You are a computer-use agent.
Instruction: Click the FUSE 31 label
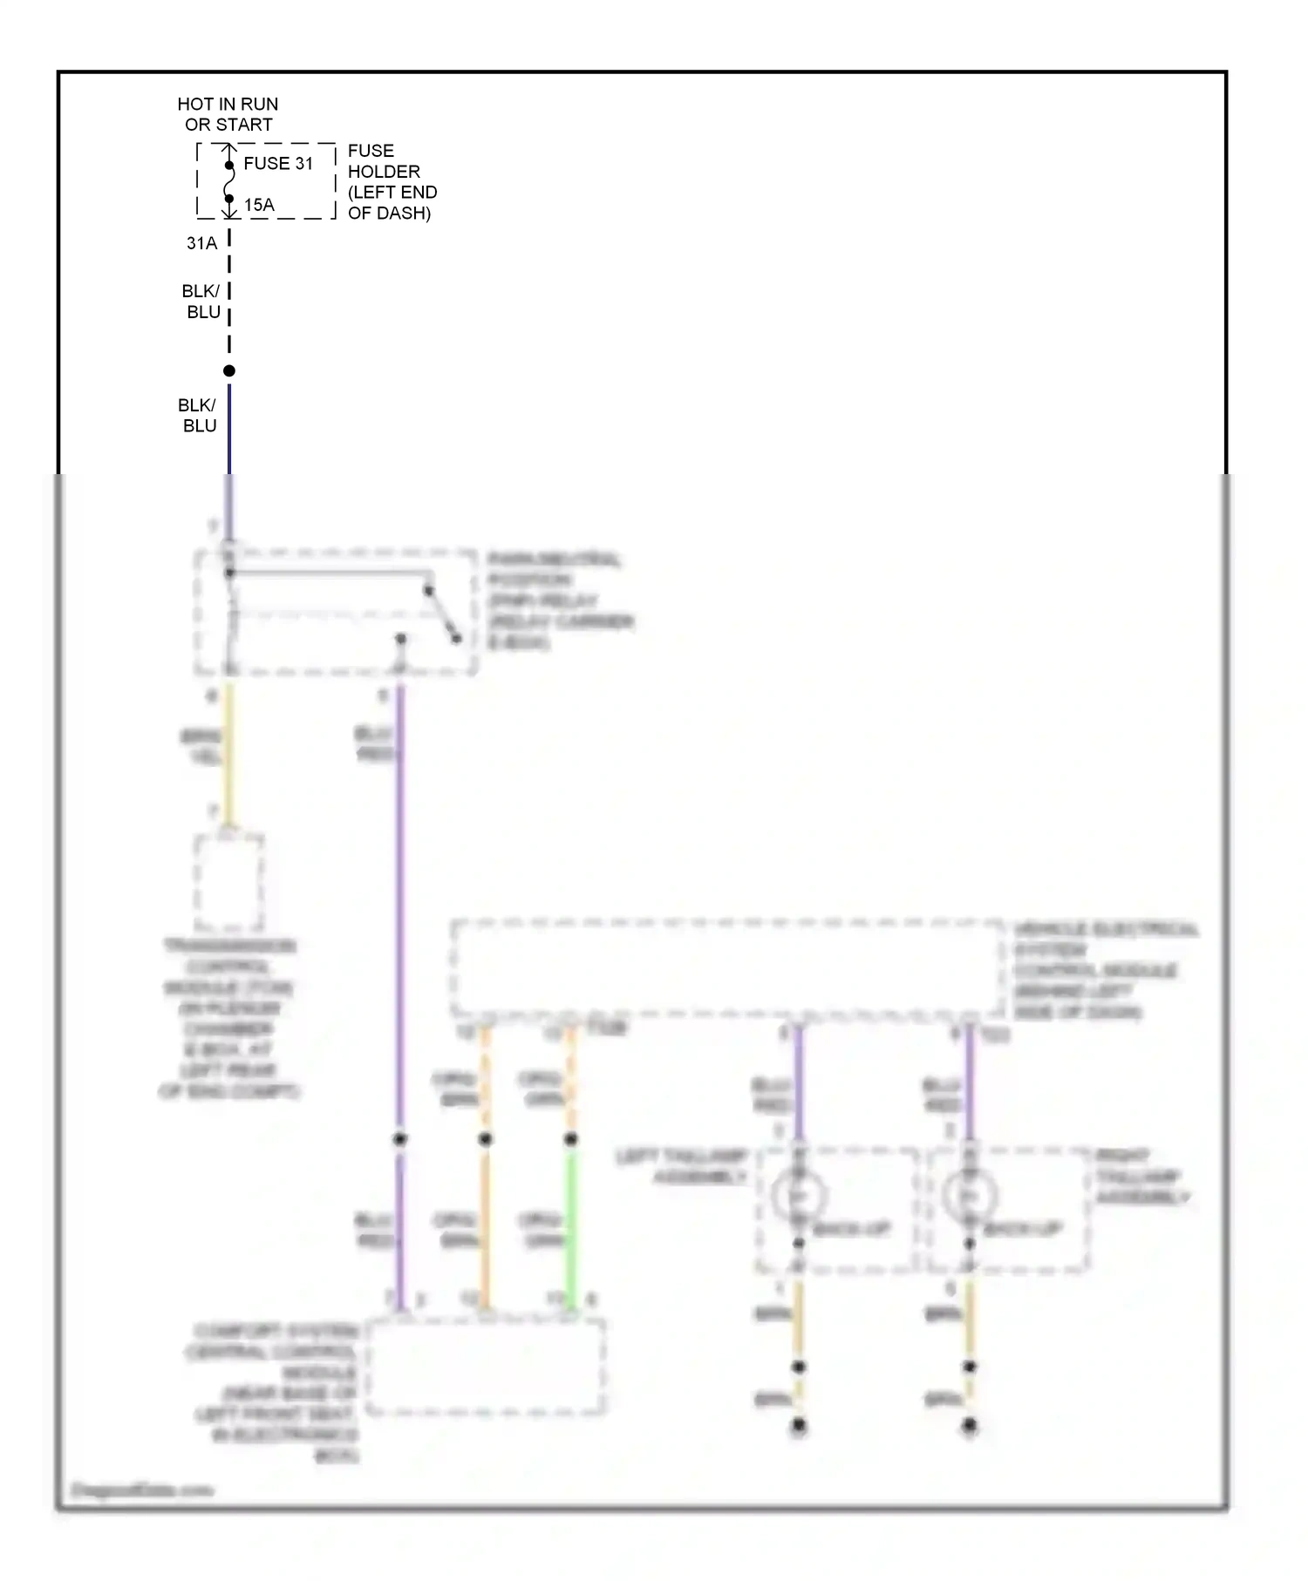[x=277, y=164]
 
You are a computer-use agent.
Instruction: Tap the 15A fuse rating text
[x=259, y=205]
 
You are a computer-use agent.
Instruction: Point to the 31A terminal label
[x=201, y=243]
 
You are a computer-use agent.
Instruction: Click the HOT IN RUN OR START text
[x=228, y=114]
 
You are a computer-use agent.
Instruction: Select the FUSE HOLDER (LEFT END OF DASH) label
[x=392, y=181]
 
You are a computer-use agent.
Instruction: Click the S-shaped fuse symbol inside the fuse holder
[x=229, y=182]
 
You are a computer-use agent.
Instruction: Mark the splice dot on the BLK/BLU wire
[x=229, y=370]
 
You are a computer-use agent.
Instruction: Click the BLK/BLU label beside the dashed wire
[x=201, y=301]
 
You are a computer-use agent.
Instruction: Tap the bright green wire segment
[x=571, y=1225]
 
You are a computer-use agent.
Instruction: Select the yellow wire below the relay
[x=229, y=754]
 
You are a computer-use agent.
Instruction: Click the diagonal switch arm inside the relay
[x=442, y=614]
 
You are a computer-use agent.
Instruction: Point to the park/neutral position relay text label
[x=559, y=601]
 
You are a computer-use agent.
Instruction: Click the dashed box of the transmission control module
[x=228, y=882]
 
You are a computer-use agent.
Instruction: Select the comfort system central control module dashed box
[x=486, y=1367]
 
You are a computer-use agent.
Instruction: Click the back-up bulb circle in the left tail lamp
[x=798, y=1195]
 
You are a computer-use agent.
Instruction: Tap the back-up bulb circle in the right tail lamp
[x=969, y=1195]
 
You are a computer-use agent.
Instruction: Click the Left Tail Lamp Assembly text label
[x=683, y=1166]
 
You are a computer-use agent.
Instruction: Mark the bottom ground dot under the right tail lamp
[x=970, y=1427]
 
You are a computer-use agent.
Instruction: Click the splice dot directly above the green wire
[x=571, y=1139]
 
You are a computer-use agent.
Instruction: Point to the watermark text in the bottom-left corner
[x=141, y=1489]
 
